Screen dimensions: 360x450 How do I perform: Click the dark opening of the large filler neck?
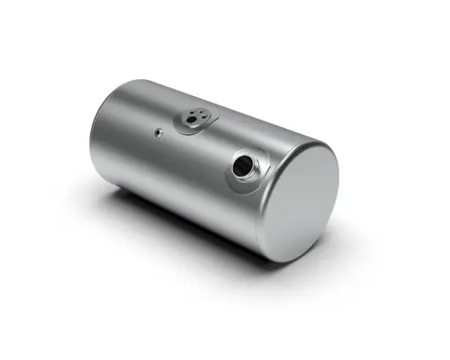tap(244, 166)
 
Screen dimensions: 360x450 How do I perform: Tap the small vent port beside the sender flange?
tap(158, 132)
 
